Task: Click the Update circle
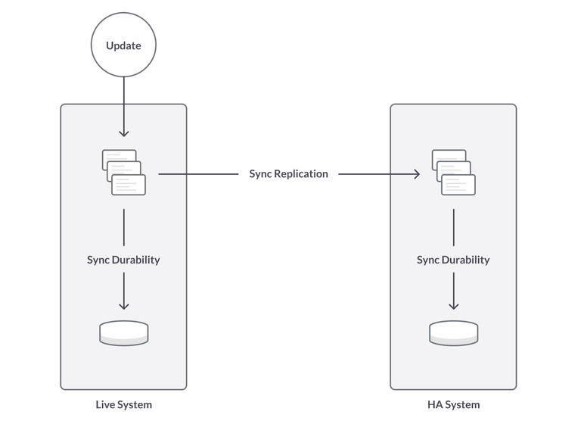coord(123,45)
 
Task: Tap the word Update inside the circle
coord(123,45)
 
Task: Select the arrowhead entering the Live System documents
coord(124,133)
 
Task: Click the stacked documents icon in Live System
coord(124,173)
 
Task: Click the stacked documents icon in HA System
coord(453,173)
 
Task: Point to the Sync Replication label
coord(288,174)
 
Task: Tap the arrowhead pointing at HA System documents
coord(415,174)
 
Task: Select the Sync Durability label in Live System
coord(123,260)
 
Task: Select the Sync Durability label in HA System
coord(453,260)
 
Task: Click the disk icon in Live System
coord(124,333)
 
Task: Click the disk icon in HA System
coord(453,333)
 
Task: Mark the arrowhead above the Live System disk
coord(124,305)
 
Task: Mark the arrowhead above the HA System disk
coord(453,305)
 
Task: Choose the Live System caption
coord(123,404)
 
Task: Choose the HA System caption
coord(453,404)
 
